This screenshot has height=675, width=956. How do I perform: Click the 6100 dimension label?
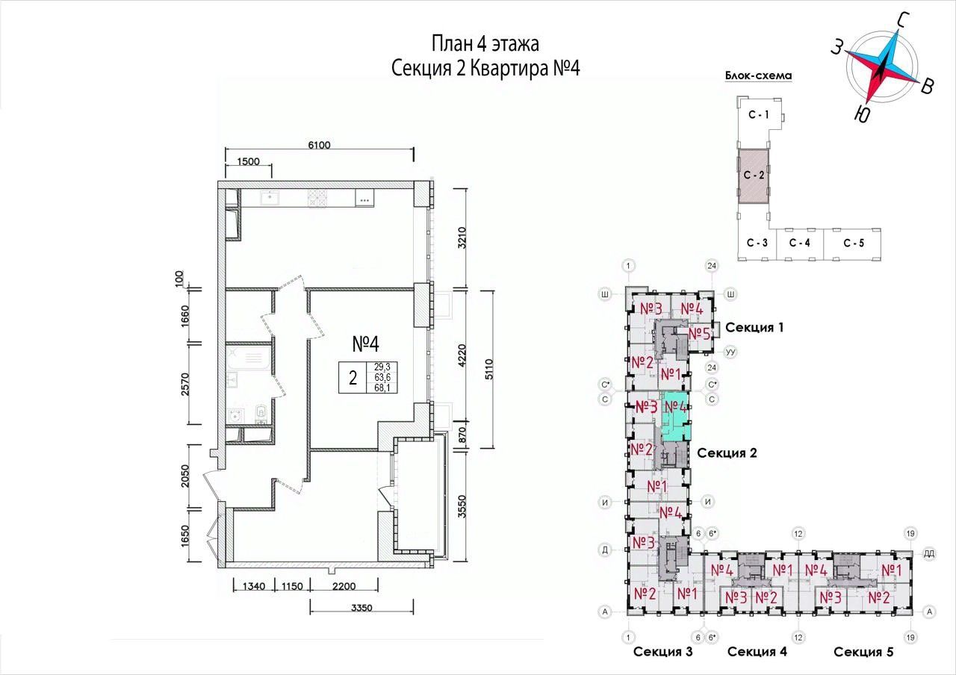pos(319,145)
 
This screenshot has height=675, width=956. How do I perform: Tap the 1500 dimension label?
pos(249,161)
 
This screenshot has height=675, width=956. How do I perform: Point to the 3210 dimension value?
pos(462,237)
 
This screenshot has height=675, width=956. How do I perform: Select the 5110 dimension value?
pos(489,370)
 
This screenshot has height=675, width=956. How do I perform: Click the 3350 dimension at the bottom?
pos(362,608)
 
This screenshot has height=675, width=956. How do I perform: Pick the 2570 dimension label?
pos(184,384)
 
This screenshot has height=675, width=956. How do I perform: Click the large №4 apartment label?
pos(366,344)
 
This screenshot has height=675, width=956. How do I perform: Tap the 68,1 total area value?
pos(382,388)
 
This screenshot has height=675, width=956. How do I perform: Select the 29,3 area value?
pos(382,367)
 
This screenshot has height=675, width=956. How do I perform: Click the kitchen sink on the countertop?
pos(270,198)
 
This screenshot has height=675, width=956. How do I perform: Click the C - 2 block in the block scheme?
pos(754,175)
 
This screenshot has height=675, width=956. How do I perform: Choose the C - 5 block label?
pos(854,243)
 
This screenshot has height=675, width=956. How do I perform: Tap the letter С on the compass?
pos(902,20)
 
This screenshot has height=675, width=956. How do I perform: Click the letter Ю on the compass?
pos(863,113)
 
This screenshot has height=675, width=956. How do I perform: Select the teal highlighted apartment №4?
pos(676,417)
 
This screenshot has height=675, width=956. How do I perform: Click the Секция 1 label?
pos(754,327)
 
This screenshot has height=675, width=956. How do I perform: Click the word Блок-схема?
pos(758,75)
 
